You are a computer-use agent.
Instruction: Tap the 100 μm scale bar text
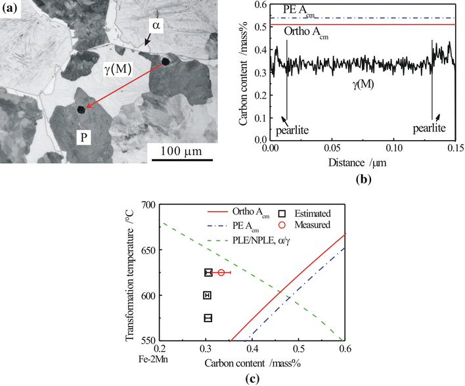(179, 151)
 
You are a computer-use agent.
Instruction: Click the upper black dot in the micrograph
(165, 62)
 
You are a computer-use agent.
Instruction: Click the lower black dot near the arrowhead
(81, 110)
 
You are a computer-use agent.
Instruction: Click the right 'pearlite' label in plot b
(432, 126)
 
